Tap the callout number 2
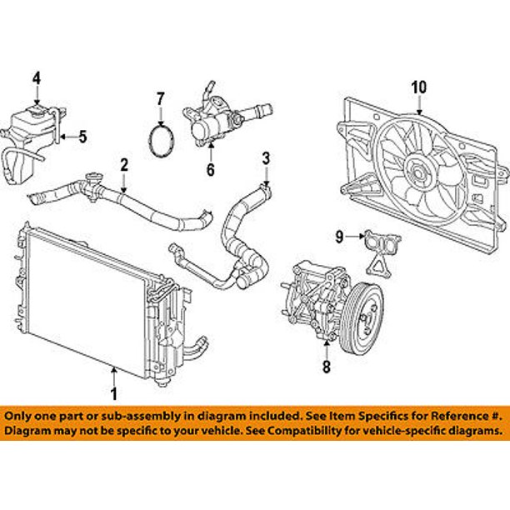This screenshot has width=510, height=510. pyautogui.click(x=123, y=165)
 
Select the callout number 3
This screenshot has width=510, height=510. pyautogui.click(x=266, y=157)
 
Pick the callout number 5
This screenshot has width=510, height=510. pyautogui.click(x=82, y=137)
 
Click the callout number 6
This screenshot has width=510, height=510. pyautogui.click(x=211, y=170)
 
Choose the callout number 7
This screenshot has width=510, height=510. pyautogui.click(x=161, y=103)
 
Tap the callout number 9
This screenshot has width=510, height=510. pyautogui.click(x=340, y=237)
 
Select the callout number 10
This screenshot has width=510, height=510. pyautogui.click(x=418, y=86)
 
